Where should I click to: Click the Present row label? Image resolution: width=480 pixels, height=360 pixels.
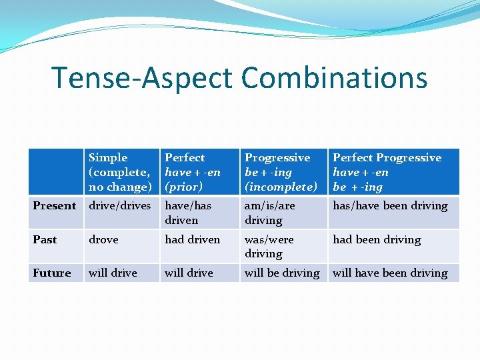(55, 205)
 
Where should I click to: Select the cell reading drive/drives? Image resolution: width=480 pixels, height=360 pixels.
(120, 205)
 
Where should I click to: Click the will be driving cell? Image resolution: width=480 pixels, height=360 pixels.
(282, 273)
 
